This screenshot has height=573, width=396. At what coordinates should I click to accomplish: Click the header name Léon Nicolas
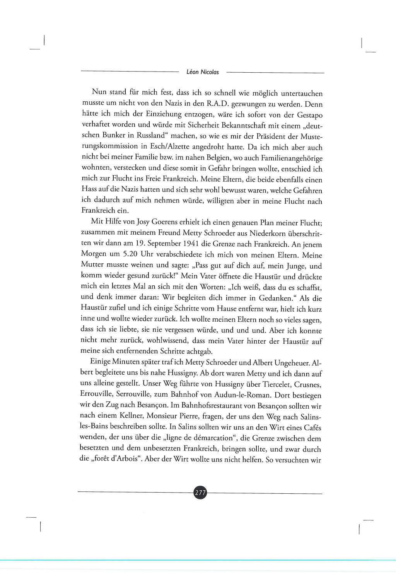(202, 72)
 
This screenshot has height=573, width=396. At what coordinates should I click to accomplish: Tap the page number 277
(200, 493)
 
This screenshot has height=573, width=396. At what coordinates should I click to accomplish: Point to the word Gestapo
(309, 115)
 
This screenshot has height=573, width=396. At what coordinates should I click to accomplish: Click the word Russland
(151, 136)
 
